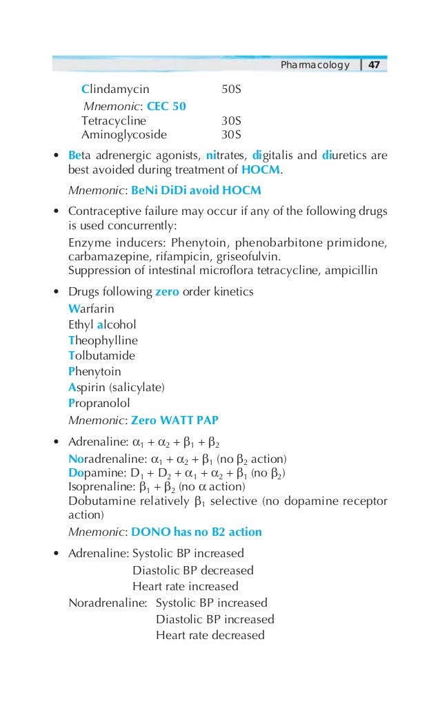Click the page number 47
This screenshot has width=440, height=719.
[x=374, y=65]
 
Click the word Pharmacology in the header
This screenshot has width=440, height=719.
[x=315, y=65]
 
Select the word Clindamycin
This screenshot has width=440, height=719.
[x=115, y=90]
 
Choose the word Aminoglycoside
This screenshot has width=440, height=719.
[x=123, y=134]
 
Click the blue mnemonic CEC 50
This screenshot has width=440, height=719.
[x=166, y=106]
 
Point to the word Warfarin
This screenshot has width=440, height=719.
[x=91, y=309]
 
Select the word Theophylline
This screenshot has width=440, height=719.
[x=103, y=340]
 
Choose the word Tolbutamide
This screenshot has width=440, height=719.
[x=101, y=356]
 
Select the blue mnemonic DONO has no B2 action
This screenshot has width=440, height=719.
[x=197, y=532]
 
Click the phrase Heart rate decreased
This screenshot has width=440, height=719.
[x=210, y=635]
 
